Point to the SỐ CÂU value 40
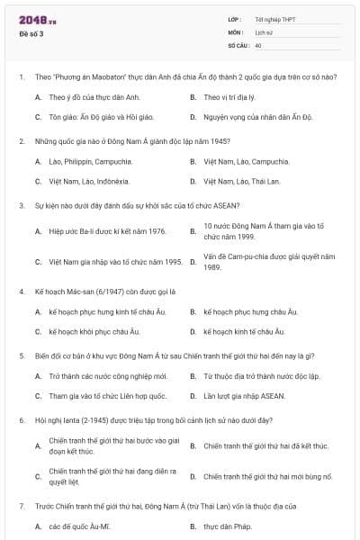click(258, 44)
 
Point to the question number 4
click(21, 292)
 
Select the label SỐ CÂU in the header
click(238, 44)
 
